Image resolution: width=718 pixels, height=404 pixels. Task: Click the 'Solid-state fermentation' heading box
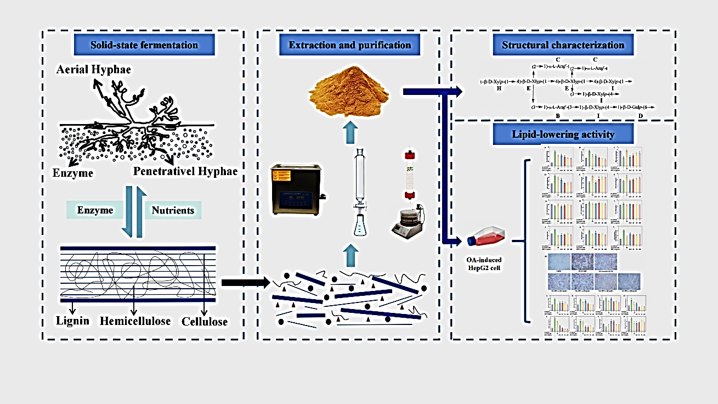point(144,44)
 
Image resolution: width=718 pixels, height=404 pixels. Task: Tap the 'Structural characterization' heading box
point(563,44)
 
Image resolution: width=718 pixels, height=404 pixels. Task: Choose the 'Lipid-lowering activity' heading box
point(563,134)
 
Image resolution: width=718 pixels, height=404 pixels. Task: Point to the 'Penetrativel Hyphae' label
point(185,172)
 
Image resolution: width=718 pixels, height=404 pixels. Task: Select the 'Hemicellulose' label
point(135,321)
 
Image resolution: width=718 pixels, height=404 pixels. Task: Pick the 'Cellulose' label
point(204,322)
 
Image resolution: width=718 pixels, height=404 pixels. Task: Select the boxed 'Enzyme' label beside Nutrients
point(95,210)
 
